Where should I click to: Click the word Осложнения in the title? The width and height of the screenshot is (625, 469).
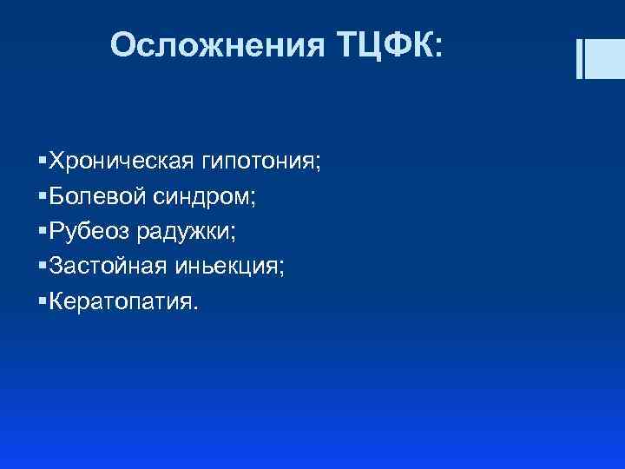tap(217, 45)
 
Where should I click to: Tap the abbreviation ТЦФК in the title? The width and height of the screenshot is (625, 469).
tap(380, 45)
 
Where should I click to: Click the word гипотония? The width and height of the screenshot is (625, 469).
tap(258, 162)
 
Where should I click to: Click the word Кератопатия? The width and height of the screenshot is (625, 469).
tap(121, 301)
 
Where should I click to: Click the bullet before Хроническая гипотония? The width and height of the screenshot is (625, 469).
tap(43, 162)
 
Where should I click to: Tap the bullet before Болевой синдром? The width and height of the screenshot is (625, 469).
tap(43, 197)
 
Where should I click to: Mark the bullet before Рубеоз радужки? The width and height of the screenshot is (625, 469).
tap(43, 232)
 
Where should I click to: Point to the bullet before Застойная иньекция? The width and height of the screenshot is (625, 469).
tap(43, 267)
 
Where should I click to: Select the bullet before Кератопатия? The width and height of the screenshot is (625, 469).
tap(43, 301)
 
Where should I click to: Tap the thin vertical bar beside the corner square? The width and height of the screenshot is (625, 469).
tap(579, 58)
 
